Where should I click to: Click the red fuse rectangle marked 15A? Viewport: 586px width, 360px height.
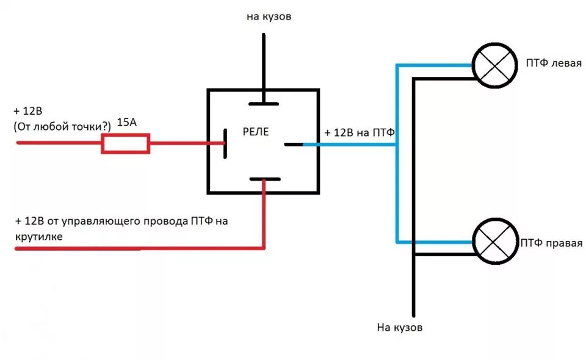click(x=125, y=144)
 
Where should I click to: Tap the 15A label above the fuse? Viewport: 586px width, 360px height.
click(x=126, y=123)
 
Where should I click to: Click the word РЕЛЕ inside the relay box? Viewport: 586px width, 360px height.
click(x=256, y=132)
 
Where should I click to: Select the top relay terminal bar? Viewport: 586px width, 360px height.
click(x=264, y=104)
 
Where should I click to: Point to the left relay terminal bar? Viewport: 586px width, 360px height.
click(x=225, y=143)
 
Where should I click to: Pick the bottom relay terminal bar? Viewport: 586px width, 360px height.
click(x=264, y=179)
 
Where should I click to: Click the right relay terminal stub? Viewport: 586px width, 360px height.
click(x=294, y=145)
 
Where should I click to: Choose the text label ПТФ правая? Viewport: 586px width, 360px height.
click(x=551, y=243)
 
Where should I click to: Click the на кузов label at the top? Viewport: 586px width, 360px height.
click(x=269, y=17)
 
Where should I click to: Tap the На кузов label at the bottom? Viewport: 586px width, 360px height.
click(x=400, y=328)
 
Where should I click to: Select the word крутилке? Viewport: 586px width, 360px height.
click(x=40, y=235)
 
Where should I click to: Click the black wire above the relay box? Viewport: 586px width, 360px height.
click(x=264, y=61)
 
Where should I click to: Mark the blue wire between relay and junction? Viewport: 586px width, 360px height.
click(x=348, y=145)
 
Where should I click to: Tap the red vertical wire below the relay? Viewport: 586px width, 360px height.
click(x=264, y=214)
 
